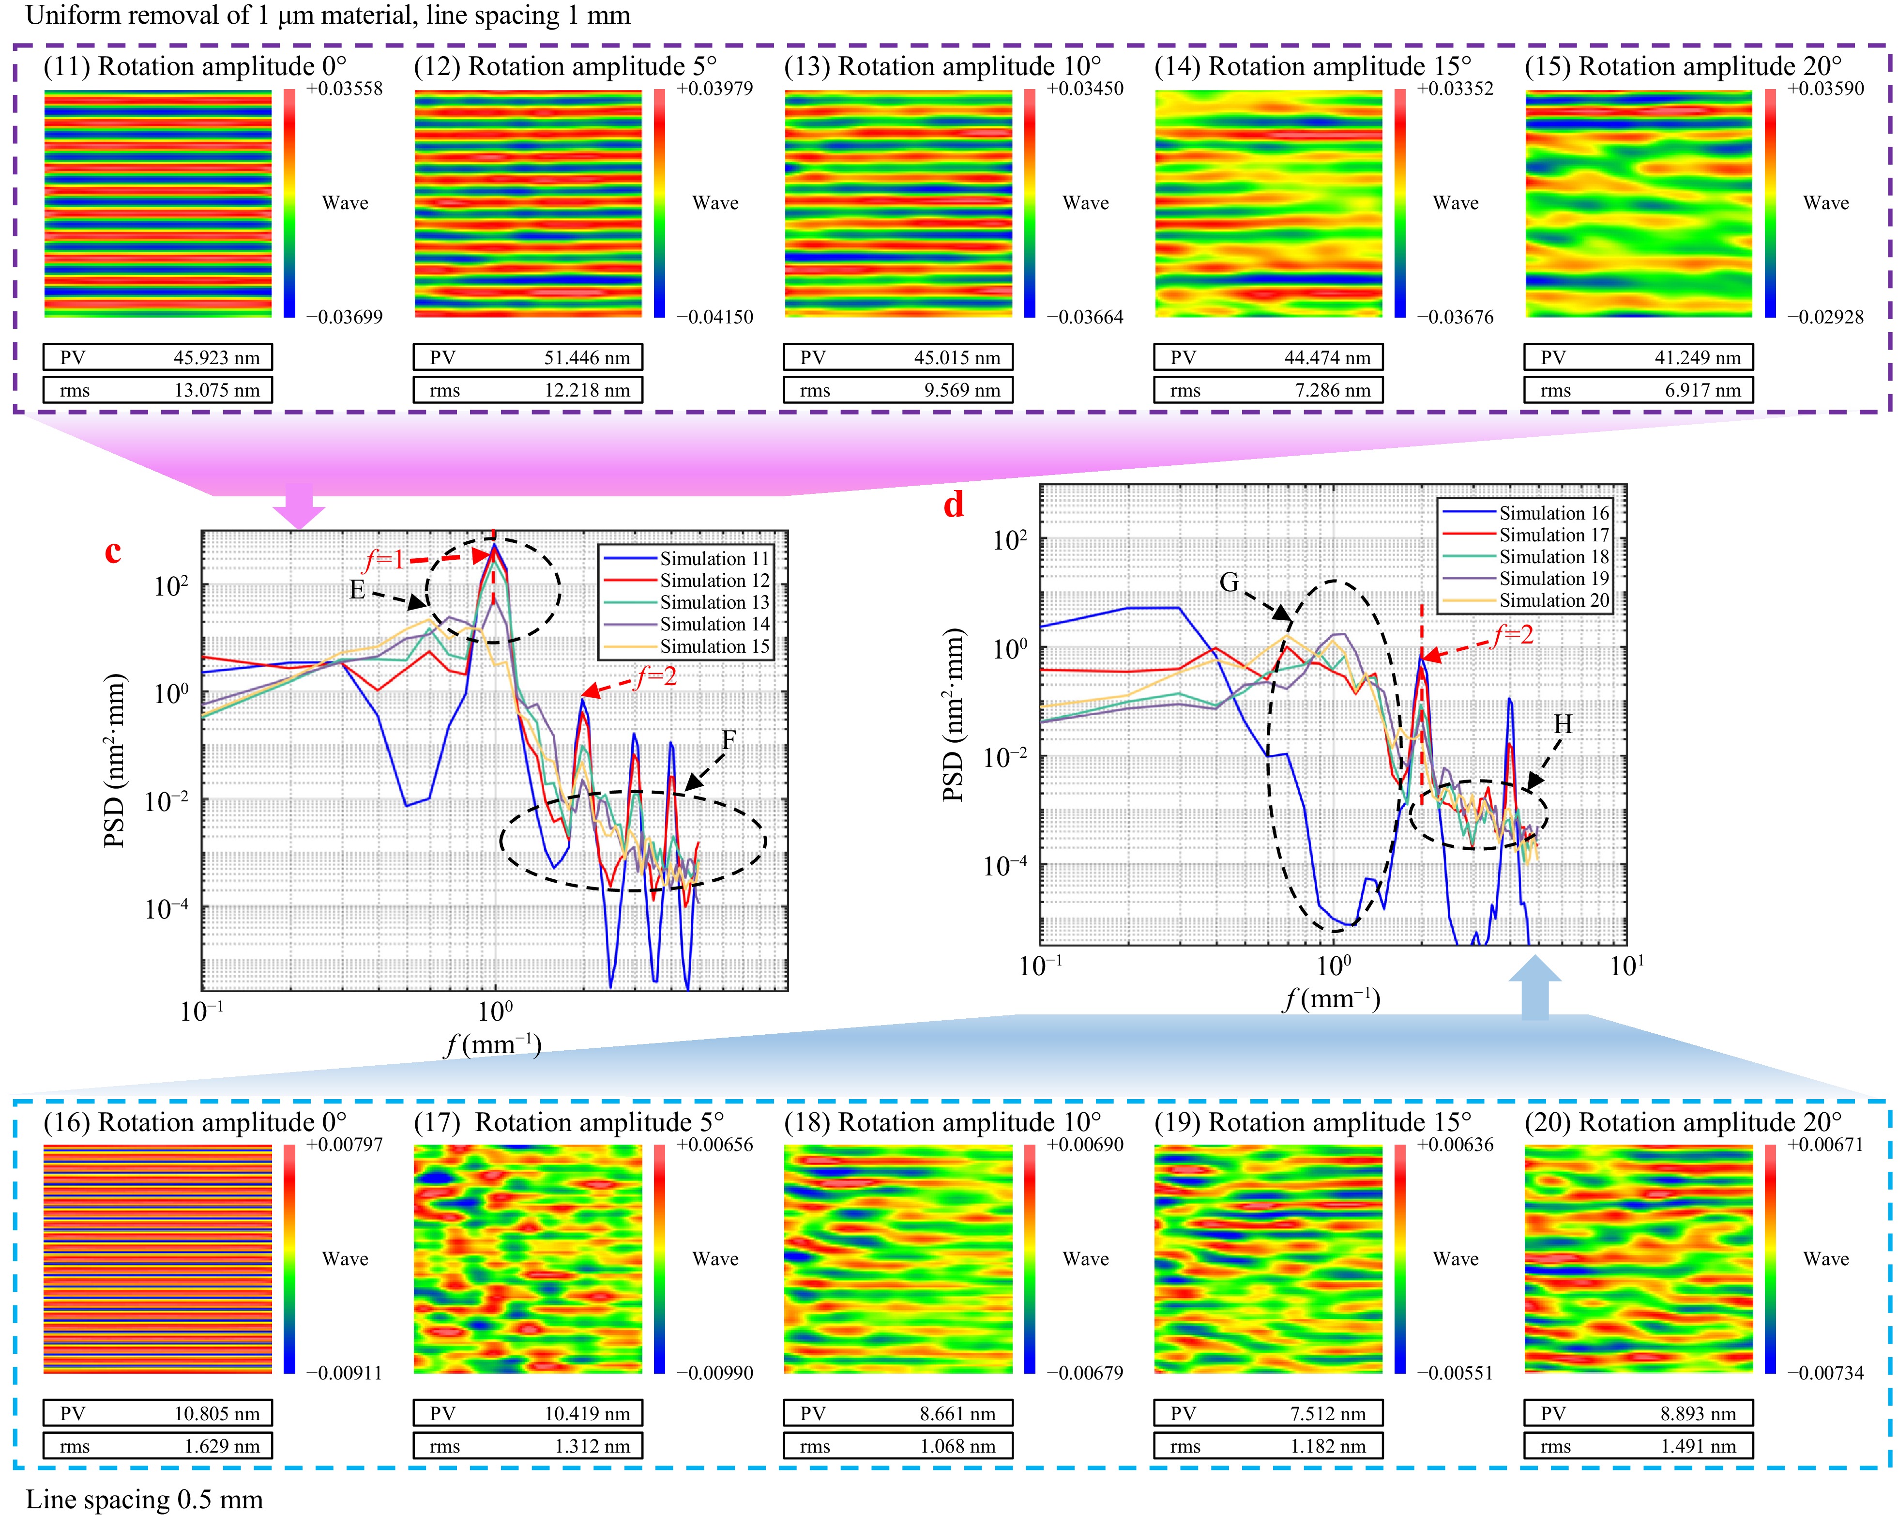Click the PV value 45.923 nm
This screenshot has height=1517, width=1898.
coord(216,357)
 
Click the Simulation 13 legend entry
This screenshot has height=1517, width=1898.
coord(714,602)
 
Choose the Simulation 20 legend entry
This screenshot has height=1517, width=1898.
coord(1554,600)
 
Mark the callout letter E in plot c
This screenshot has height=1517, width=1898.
coord(357,589)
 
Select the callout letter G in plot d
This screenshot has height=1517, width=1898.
coord(1229,582)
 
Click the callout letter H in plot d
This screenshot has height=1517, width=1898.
coord(1563,724)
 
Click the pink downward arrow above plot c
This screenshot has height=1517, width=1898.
coord(299,506)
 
